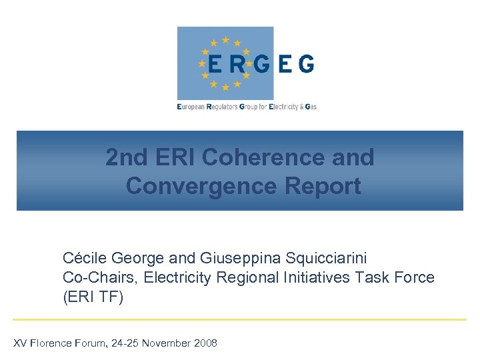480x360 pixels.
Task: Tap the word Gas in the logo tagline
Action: (310, 107)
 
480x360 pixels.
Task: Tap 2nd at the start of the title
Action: (127, 157)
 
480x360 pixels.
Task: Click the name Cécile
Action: (86, 257)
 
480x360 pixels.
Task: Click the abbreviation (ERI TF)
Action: (93, 297)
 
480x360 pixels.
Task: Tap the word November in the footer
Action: (164, 343)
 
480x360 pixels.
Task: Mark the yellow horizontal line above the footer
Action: (239, 319)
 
